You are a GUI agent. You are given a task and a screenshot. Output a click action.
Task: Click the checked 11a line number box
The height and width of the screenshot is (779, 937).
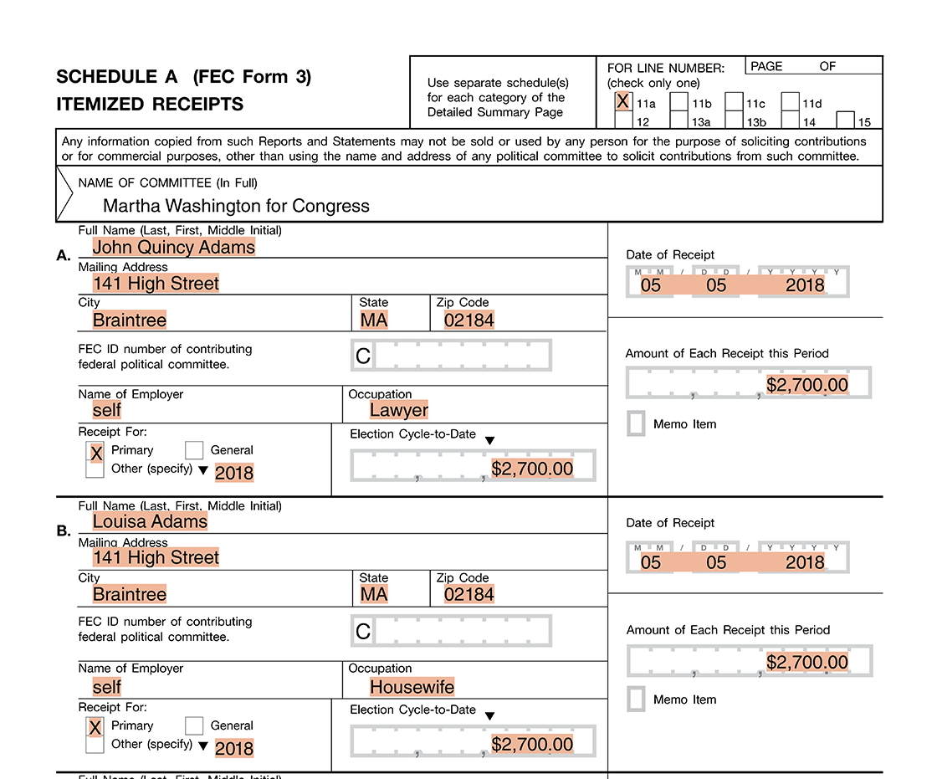coord(622,102)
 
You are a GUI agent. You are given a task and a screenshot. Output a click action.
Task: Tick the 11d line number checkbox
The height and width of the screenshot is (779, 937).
coord(790,102)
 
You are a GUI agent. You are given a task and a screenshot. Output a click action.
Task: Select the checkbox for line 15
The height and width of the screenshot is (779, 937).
coord(845,120)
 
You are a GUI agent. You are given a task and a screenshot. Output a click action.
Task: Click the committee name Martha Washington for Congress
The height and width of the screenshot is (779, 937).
coord(236,206)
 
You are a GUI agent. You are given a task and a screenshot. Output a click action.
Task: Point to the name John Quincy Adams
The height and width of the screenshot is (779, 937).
coord(174,247)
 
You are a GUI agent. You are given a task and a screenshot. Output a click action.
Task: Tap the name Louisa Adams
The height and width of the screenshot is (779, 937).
coord(150,521)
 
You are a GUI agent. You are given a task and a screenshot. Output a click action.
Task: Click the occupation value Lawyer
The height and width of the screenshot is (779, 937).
coord(399,410)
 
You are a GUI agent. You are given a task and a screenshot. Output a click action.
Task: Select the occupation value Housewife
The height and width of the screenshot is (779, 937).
coord(412,687)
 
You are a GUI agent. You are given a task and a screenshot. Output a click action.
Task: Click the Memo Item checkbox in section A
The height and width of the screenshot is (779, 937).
coord(636,423)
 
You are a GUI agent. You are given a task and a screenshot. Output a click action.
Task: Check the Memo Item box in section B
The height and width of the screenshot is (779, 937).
coord(636,699)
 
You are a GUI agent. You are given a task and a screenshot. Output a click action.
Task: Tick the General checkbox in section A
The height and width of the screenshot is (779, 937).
coord(194,450)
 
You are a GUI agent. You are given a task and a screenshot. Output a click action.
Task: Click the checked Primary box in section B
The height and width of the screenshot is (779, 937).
coord(95,727)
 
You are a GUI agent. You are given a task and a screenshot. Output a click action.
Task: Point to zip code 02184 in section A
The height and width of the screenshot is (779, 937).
coord(468,320)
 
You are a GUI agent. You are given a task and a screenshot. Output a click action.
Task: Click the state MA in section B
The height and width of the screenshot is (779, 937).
coord(373,594)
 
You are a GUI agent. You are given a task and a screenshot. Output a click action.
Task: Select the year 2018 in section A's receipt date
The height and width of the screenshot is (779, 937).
coord(804,285)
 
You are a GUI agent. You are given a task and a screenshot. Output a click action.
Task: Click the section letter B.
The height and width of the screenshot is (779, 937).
coord(63,530)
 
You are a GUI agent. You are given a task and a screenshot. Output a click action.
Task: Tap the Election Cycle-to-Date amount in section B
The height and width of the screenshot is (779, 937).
coord(532,745)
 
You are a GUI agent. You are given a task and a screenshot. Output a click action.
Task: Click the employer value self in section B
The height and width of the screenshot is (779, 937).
coord(107,687)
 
